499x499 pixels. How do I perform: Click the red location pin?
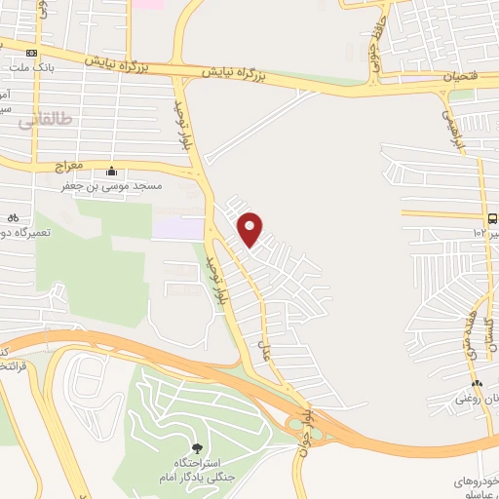[x=250, y=228]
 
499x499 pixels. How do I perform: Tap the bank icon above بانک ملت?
[x=32, y=52]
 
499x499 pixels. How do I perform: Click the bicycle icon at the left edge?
[x=11, y=217]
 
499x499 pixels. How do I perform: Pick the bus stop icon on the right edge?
[x=492, y=218]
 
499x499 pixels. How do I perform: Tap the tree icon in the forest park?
[x=198, y=449]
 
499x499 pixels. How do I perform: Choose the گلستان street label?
[x=491, y=341]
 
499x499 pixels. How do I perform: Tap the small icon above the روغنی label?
[x=476, y=382]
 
